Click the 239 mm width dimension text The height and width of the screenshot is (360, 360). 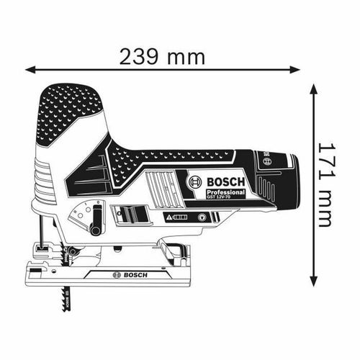click(163, 56)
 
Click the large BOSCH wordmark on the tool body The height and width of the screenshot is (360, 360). click(225, 182)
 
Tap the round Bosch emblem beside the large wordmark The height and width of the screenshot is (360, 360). click(194, 183)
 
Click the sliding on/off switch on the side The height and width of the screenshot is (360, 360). click(127, 214)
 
